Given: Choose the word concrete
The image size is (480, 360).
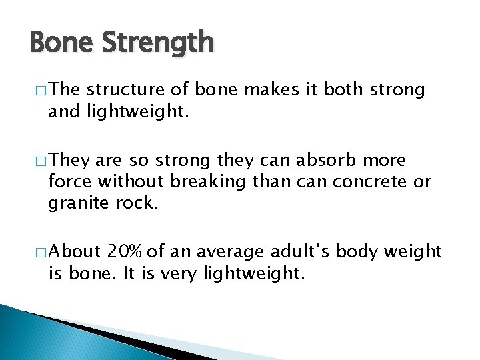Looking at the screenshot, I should (x=367, y=181).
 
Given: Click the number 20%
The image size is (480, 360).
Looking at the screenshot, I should (x=126, y=251).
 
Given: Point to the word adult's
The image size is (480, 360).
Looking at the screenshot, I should (x=301, y=251).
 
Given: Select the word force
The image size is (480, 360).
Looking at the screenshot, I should (x=71, y=181).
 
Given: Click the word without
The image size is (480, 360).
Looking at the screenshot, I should (x=132, y=181).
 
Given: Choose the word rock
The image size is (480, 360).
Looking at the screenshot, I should (x=139, y=202).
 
